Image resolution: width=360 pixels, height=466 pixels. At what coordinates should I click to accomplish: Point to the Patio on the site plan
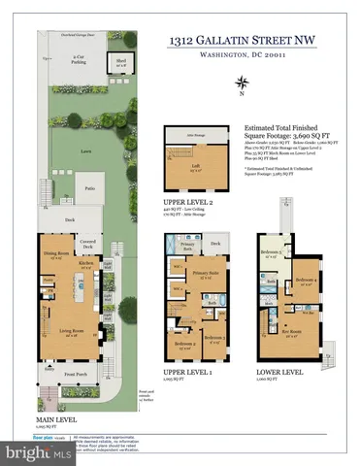(89, 188)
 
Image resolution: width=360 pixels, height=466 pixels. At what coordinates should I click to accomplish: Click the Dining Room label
(54, 255)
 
